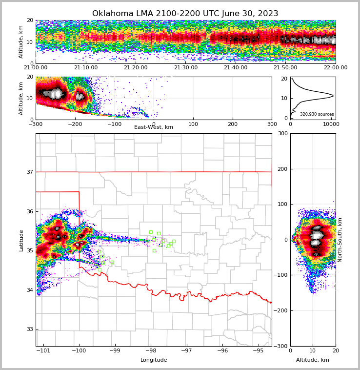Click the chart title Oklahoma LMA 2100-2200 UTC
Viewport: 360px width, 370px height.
185,14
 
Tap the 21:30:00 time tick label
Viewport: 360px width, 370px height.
186,68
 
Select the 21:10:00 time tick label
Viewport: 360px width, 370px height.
86,68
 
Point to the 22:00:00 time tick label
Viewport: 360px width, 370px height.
336,68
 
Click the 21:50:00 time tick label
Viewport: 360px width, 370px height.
285,68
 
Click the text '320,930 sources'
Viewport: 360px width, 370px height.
317,114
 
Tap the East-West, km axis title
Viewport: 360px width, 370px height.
154,127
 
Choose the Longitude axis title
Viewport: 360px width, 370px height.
154,360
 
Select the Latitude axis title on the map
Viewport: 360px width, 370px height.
21,240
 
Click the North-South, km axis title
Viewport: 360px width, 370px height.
340,240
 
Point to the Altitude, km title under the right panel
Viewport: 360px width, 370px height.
313,360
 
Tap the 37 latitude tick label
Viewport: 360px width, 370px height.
29,172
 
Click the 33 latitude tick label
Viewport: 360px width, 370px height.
29,329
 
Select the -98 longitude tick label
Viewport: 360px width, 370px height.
151,350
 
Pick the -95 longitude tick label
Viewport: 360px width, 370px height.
259,350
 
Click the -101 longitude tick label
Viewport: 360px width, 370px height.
43,350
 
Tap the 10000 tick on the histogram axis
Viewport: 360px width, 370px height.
331,124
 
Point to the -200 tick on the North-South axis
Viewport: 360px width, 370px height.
282,310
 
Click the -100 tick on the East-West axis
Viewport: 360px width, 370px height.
114,124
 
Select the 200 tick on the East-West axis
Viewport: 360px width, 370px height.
233,124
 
